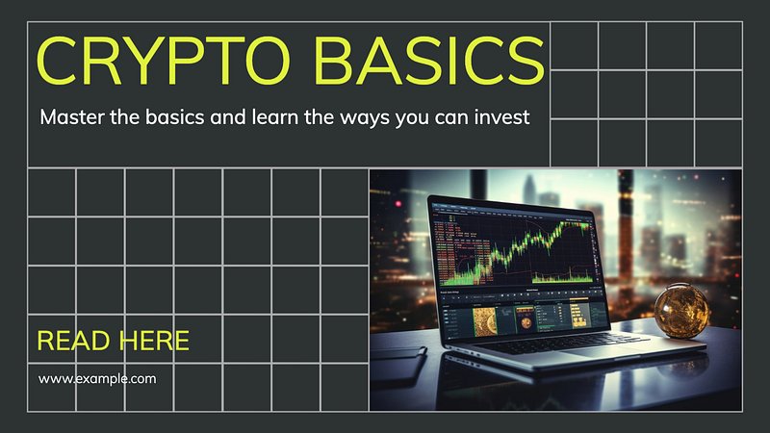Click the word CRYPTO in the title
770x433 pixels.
click(163, 61)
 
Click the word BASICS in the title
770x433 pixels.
click(428, 61)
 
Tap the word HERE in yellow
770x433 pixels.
click(154, 341)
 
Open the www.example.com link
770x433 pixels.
click(97, 379)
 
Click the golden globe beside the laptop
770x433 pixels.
click(681, 310)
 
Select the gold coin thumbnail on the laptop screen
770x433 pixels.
click(485, 321)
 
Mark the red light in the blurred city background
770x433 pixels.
click(398, 204)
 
